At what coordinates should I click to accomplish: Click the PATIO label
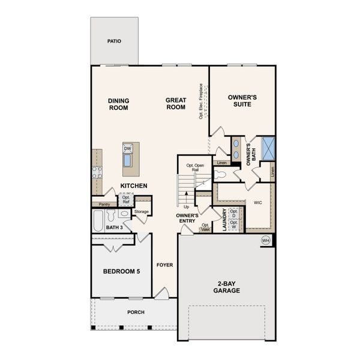click(x=114, y=41)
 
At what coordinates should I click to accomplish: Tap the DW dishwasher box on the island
click(x=128, y=149)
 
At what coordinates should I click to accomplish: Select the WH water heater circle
click(x=265, y=241)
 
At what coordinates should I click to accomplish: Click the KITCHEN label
click(x=134, y=186)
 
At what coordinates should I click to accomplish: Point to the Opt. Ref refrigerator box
click(x=126, y=200)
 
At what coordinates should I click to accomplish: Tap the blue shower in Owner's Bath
click(x=269, y=148)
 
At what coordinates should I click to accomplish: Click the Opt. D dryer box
click(x=234, y=212)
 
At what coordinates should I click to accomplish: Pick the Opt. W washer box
click(x=234, y=224)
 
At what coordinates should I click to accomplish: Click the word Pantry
click(x=104, y=205)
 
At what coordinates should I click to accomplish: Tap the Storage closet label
click(x=142, y=212)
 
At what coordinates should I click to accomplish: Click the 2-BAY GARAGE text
click(x=226, y=287)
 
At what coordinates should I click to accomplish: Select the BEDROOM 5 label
click(x=121, y=272)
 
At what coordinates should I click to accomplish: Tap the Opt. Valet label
click(x=205, y=227)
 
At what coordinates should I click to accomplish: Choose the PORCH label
click(x=135, y=312)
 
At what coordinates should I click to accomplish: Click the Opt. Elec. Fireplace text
click(x=201, y=101)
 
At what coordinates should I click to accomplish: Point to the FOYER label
click(x=164, y=265)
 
